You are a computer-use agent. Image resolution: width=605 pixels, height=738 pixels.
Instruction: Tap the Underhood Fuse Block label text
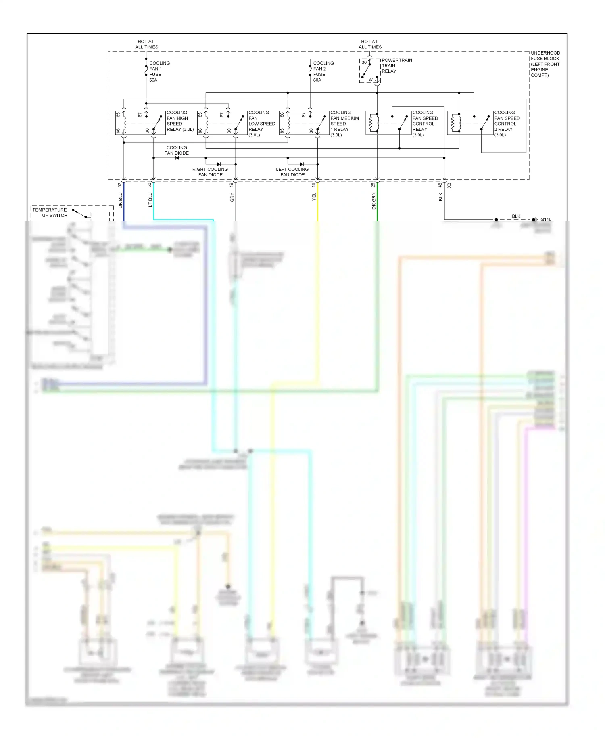pyautogui.click(x=545, y=64)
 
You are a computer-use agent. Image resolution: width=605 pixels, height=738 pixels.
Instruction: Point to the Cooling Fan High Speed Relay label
pyautogui.click(x=179, y=121)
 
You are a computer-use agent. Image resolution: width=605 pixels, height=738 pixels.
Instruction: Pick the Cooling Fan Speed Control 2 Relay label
pyautogui.click(x=507, y=124)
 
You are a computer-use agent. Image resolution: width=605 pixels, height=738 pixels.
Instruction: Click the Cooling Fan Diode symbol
pyautogui.click(x=177, y=158)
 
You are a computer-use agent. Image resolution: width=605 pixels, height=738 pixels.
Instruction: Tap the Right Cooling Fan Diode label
pyautogui.click(x=210, y=172)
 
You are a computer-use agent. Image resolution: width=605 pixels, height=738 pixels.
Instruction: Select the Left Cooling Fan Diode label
pyautogui.click(x=292, y=172)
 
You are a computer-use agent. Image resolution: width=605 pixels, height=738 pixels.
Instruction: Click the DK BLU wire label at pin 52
pyautogui.click(x=120, y=200)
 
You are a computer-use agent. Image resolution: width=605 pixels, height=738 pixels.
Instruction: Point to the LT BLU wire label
pyautogui.click(x=150, y=199)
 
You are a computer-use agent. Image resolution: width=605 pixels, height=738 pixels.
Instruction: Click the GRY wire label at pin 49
pyautogui.click(x=232, y=197)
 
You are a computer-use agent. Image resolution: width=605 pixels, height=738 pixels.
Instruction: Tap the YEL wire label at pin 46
pyautogui.click(x=314, y=197)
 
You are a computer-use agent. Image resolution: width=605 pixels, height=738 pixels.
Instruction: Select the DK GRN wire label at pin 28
pyautogui.click(x=373, y=201)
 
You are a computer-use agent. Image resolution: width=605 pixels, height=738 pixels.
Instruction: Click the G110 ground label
pyautogui.click(x=546, y=220)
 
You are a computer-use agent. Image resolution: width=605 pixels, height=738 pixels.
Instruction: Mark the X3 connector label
pyautogui.click(x=449, y=185)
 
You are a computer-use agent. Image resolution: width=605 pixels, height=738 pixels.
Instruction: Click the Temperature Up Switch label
pyautogui.click(x=50, y=212)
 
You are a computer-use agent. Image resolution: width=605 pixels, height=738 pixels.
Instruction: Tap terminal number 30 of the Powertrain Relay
pyautogui.click(x=364, y=63)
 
